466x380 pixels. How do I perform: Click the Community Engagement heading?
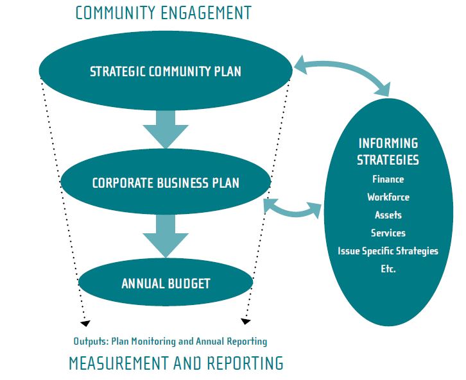[163, 13]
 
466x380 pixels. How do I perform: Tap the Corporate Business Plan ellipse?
[166, 183]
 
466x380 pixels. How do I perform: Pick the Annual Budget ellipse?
[166, 283]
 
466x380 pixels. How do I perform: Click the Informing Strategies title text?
[388, 151]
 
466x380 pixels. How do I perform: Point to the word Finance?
[388, 179]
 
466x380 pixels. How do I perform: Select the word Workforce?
[388, 197]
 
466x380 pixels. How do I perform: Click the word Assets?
[388, 215]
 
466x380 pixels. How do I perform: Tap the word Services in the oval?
[388, 233]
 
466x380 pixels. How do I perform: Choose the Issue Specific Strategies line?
[388, 251]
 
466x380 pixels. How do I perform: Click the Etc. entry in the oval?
[388, 269]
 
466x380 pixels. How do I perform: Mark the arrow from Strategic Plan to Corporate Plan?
[166, 126]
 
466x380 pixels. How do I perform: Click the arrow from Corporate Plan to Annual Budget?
[166, 235]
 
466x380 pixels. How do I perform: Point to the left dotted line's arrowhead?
[85, 322]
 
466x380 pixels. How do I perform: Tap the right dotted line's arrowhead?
[245, 320]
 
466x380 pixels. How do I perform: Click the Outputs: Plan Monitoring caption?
[170, 342]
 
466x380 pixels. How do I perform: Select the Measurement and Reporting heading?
[176, 364]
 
